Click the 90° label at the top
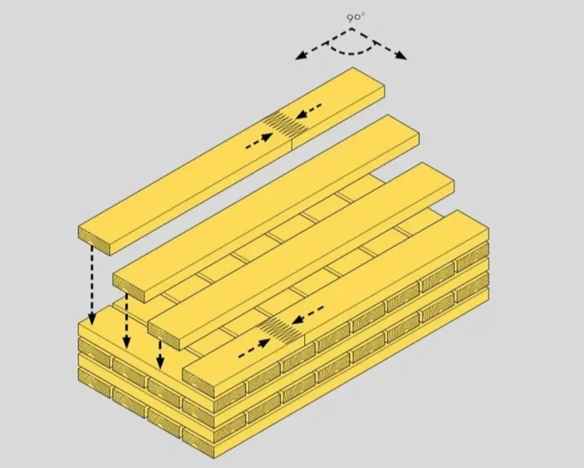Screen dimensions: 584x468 356,17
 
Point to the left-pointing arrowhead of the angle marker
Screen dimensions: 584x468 300,56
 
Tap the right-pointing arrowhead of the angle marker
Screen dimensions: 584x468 401,56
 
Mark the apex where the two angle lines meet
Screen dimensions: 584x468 351,28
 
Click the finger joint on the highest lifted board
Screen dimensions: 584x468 286,123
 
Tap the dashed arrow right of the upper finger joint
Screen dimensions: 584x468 309,111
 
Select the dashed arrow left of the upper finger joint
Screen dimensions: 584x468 259,141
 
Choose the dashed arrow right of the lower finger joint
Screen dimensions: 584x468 308,315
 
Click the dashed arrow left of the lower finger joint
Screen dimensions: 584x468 254,349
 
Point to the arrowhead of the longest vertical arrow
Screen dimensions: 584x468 91,318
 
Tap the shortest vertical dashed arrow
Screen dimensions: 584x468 160,354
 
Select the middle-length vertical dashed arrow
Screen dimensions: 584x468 126,321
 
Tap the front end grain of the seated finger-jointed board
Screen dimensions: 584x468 199,382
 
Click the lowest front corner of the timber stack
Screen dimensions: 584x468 215,458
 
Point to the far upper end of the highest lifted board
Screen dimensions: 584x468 353,67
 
